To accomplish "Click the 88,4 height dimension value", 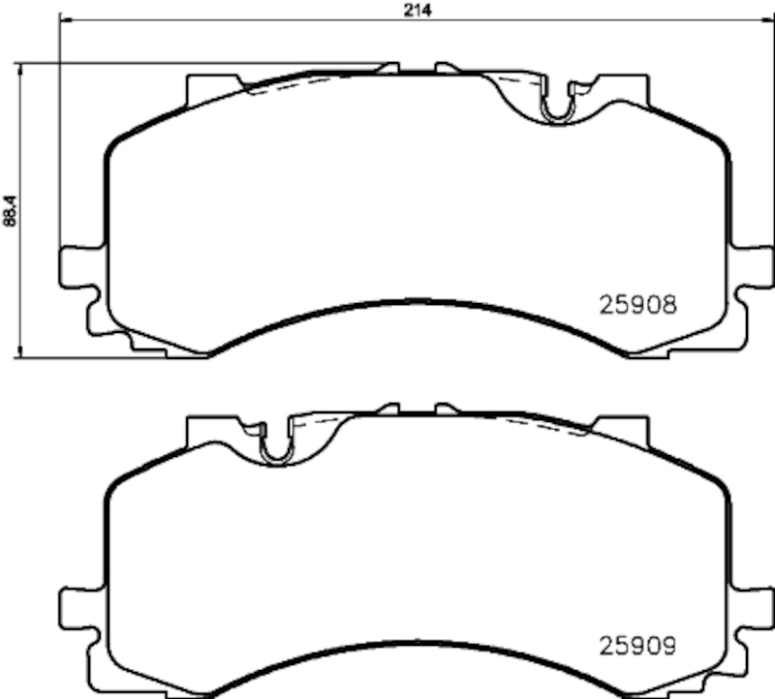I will coord(10,211).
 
